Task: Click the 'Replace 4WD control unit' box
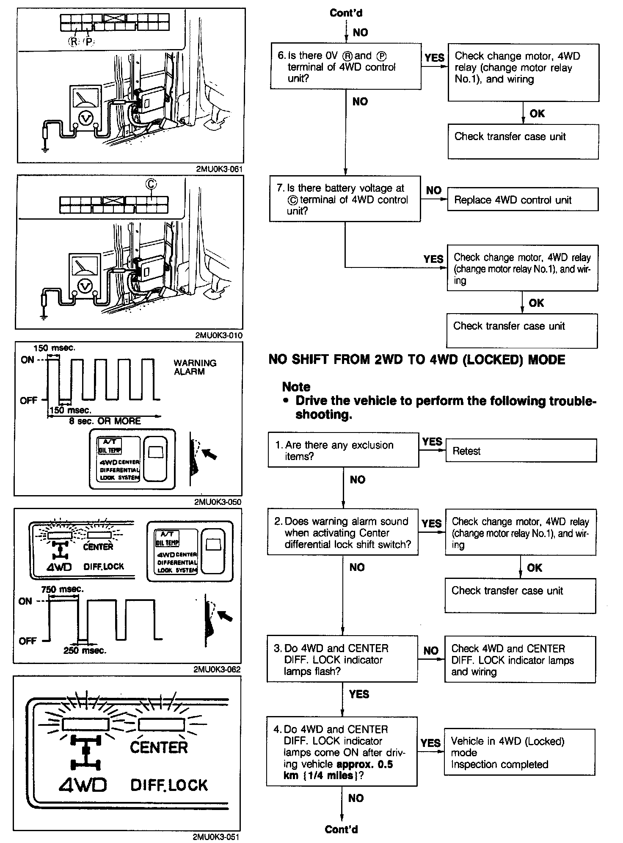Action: pos(522,200)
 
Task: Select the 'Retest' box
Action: pos(521,451)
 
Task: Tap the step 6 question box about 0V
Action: pos(345,66)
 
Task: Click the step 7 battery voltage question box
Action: pos(345,199)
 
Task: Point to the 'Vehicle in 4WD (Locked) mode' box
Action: pos(519,752)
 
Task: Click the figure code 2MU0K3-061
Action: pos(219,169)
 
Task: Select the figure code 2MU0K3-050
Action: pos(218,502)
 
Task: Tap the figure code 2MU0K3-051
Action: pos(216,837)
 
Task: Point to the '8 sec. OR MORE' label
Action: pos(105,421)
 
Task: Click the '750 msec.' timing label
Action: pos(62,589)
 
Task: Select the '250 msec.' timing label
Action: pos(85,651)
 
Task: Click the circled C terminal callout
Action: pos(151,184)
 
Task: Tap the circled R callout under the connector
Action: pos(73,41)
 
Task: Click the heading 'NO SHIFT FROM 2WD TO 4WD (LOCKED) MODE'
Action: pos(417,360)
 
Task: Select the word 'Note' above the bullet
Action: pos(296,386)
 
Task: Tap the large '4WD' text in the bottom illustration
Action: pos(83,785)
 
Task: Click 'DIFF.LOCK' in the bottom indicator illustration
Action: pos(169,785)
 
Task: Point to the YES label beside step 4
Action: pos(430,743)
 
